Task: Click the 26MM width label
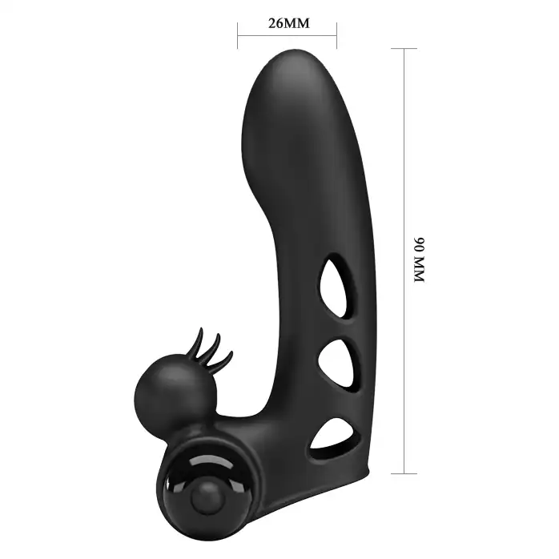pyautogui.click(x=289, y=23)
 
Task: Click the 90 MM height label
pyautogui.click(x=420, y=259)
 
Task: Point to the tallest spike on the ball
pyautogui.click(x=198, y=341)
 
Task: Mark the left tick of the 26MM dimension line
pyautogui.click(x=238, y=36)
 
